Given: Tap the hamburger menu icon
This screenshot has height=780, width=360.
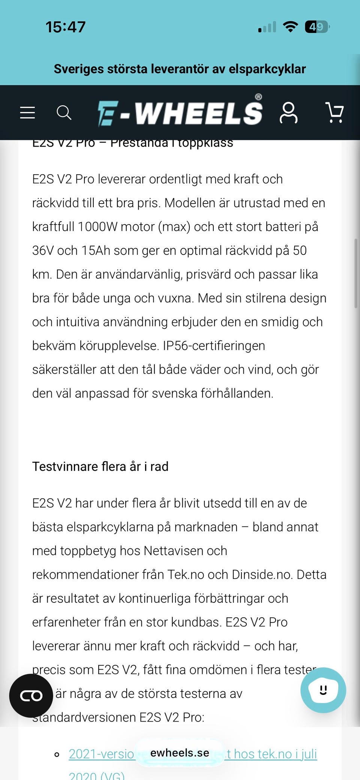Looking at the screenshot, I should point(27,112).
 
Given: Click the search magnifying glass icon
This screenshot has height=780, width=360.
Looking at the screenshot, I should point(64,112).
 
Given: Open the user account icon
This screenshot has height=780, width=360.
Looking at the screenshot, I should point(288,112).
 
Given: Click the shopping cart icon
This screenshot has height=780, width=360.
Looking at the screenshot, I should point(334,112).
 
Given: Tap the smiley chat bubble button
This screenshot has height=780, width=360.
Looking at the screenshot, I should point(323,690).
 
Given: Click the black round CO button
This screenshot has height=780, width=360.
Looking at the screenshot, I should point(31,696).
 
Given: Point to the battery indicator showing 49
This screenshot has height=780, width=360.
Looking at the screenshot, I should point(317,27).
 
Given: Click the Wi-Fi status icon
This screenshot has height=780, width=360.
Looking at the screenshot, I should point(290,27).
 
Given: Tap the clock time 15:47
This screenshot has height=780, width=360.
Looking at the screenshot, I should point(66,27).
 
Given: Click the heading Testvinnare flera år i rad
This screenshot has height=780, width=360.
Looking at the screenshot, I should point(100,466).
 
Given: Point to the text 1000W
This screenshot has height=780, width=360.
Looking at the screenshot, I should point(97,227).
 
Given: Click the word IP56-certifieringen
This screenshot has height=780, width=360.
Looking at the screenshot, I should point(214,346).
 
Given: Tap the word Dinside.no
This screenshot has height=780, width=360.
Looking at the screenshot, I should point(262,575).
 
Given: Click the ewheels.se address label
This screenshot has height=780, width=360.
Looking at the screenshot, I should point(180,753).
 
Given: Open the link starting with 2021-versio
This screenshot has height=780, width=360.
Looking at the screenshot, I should point(101,754).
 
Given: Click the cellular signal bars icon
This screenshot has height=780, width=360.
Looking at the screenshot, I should point(267,27).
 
